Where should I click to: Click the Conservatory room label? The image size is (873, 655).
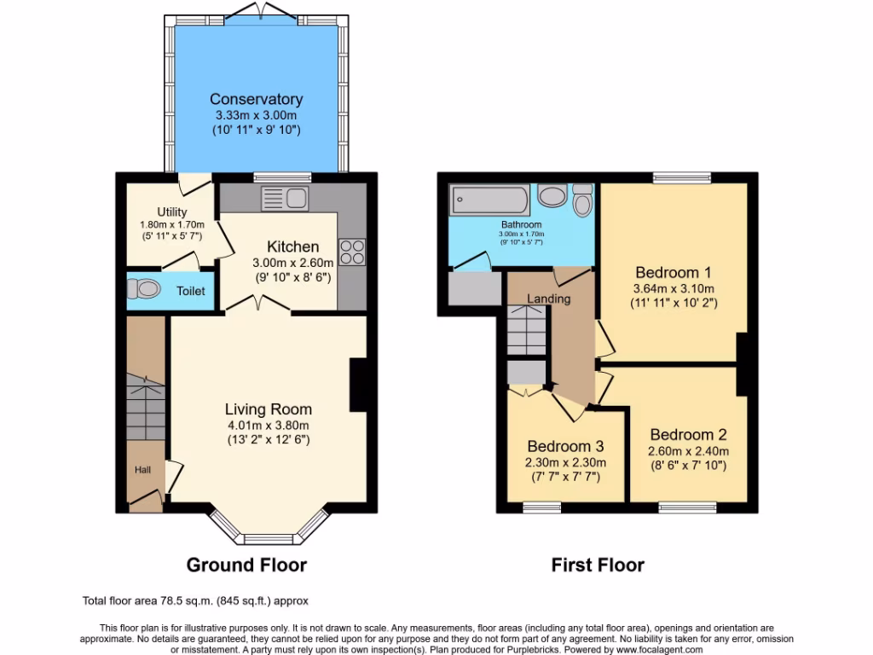256,100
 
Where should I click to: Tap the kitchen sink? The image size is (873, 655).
285,199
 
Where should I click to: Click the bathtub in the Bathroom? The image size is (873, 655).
490,200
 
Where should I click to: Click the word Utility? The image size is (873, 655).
171,212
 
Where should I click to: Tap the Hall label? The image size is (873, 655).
141,469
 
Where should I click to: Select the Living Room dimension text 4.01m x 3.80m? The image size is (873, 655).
268,425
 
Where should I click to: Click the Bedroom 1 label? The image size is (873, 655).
674,273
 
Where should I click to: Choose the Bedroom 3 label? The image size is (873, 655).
565,446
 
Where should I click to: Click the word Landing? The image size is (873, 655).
548,299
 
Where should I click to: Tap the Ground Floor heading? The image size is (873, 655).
246,565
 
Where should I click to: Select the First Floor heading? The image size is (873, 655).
598,565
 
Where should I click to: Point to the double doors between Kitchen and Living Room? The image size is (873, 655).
256,304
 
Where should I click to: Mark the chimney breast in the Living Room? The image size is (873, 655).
358,385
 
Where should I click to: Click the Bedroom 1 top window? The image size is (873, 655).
682,177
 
